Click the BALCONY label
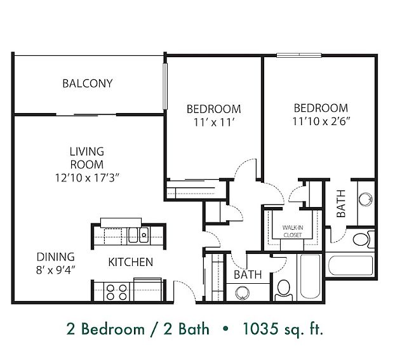[x=88, y=84]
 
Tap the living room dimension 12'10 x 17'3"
[x=87, y=178]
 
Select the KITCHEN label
[x=130, y=262]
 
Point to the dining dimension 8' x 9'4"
[x=56, y=270]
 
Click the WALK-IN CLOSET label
[x=293, y=231]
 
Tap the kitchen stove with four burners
[x=117, y=292]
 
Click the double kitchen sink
[x=138, y=235]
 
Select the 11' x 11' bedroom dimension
[x=214, y=123]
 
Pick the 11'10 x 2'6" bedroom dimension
[x=321, y=121]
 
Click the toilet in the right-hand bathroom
[x=363, y=239]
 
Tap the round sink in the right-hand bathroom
[x=365, y=199]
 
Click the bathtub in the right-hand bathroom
[x=351, y=265]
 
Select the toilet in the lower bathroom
[x=284, y=290]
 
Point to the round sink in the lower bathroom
[x=242, y=292]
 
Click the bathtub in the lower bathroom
[x=310, y=277]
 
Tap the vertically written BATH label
[x=341, y=203]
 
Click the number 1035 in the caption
[x=260, y=329]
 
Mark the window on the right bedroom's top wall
[x=299, y=55]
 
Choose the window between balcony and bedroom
[x=165, y=86]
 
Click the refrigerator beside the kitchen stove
[x=148, y=290]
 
